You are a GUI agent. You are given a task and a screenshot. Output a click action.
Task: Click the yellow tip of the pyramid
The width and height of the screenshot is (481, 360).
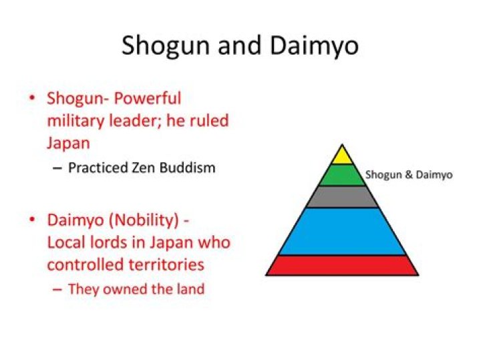342,156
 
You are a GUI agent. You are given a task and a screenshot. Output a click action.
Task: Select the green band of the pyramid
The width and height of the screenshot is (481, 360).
342,175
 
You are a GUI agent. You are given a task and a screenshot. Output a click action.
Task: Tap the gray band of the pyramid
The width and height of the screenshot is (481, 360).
342,196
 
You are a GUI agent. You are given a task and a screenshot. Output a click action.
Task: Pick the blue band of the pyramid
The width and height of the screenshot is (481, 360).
342,231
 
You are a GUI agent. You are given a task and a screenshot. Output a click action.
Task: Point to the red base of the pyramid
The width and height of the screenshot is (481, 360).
342,265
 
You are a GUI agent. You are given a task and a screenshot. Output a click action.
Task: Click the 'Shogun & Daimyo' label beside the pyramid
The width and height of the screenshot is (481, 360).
409,175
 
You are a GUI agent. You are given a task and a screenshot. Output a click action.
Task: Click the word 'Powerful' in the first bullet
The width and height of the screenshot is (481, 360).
146,99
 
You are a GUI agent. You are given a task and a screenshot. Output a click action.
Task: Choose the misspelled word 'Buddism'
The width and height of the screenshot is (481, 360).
189,168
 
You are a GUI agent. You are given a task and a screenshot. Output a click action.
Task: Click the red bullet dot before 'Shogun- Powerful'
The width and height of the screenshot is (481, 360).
31,99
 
